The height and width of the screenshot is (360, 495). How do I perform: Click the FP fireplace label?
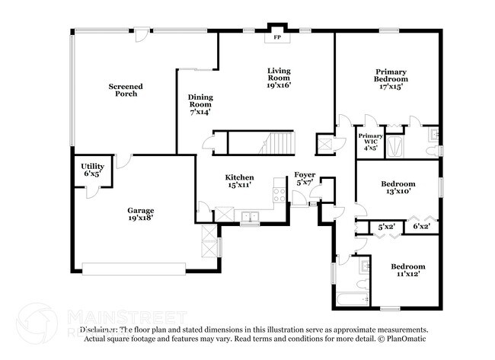276,36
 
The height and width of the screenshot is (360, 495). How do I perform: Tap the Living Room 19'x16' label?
279,78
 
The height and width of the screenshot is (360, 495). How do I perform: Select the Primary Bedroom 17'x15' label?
391,78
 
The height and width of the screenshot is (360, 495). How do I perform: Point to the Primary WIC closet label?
370,142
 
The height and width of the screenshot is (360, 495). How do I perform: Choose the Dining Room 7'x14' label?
200,104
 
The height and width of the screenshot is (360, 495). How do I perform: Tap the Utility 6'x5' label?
92,169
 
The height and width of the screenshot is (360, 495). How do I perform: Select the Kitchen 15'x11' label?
238,180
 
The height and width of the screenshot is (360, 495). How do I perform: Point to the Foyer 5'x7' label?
305,179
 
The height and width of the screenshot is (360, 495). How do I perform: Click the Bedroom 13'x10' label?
398,187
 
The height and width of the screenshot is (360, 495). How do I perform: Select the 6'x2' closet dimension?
421,226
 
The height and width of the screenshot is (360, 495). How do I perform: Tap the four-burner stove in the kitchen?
279,196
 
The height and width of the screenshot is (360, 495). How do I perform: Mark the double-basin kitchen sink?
250,217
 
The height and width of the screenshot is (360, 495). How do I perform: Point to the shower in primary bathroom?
395,146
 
